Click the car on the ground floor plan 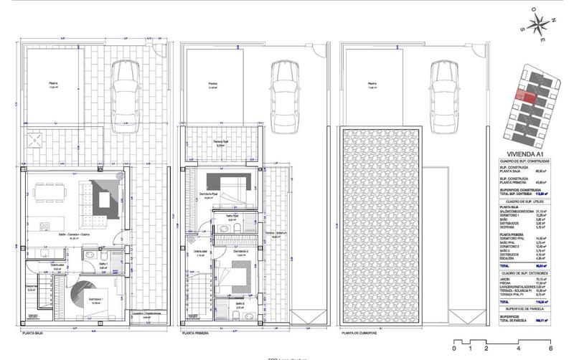[x=126, y=93]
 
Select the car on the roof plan [x=446, y=93]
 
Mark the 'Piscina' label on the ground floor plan [x=53, y=83]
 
